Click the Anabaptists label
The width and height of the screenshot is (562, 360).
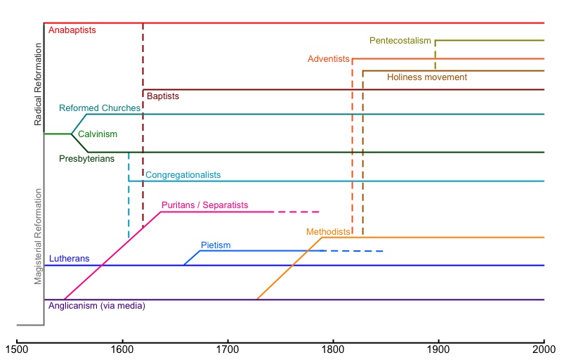pos(72,30)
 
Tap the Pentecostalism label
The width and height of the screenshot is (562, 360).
pos(400,41)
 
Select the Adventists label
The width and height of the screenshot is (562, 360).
pos(328,58)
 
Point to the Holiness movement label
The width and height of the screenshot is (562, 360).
pos(426,77)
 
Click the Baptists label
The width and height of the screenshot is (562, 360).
pos(162,96)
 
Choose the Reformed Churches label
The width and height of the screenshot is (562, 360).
pos(100,108)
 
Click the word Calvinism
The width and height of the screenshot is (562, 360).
pos(98,134)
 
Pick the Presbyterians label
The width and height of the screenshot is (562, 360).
pos(86,159)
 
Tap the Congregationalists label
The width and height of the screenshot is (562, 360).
pos(183,174)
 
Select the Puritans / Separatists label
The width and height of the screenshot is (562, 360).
pos(204,205)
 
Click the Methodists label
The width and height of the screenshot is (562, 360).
pos(328,231)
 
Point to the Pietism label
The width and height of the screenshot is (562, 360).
pos(216,245)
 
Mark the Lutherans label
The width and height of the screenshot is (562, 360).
pos(69,258)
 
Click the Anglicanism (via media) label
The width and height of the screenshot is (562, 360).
pos(96,306)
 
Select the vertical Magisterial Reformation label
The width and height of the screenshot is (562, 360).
pos(39,233)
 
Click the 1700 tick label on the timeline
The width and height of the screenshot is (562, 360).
pos(227,348)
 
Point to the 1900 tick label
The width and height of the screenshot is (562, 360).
pos(438,348)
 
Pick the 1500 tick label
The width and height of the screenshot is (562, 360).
pos(16,348)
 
